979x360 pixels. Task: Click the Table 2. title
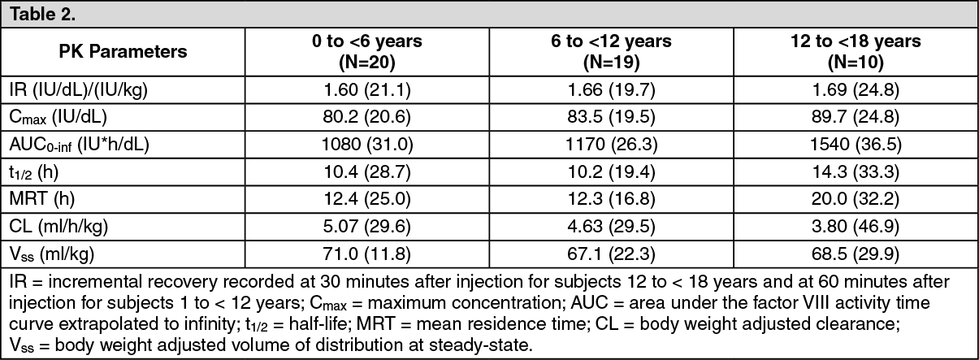pyautogui.click(x=42, y=15)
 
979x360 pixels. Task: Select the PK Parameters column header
pyautogui.click(x=123, y=51)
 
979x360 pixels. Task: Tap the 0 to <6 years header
pyautogui.click(x=367, y=51)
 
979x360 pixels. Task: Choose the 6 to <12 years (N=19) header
pyautogui.click(x=611, y=51)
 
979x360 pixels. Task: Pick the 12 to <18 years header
pyautogui.click(x=856, y=51)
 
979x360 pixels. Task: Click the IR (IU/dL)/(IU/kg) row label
pyautogui.click(x=79, y=90)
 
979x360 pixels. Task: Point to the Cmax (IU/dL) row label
pyautogui.click(x=58, y=117)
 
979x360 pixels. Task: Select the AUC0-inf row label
pyautogui.click(x=79, y=145)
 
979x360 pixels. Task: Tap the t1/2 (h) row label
pyautogui.click(x=33, y=172)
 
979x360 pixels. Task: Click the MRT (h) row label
pyautogui.click(x=42, y=199)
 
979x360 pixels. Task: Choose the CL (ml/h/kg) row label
pyautogui.click(x=58, y=226)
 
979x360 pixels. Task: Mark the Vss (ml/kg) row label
pyautogui.click(x=52, y=254)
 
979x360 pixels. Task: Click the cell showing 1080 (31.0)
pyautogui.click(x=367, y=145)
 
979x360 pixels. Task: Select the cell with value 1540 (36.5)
pyautogui.click(x=856, y=145)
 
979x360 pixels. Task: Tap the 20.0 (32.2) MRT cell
pyautogui.click(x=856, y=199)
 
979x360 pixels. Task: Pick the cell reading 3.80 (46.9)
pyautogui.click(x=856, y=226)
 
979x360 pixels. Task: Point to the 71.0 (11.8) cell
pyautogui.click(x=367, y=254)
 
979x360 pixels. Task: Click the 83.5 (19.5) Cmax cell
pyautogui.click(x=611, y=117)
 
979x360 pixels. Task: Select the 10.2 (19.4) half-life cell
pyautogui.click(x=611, y=172)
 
